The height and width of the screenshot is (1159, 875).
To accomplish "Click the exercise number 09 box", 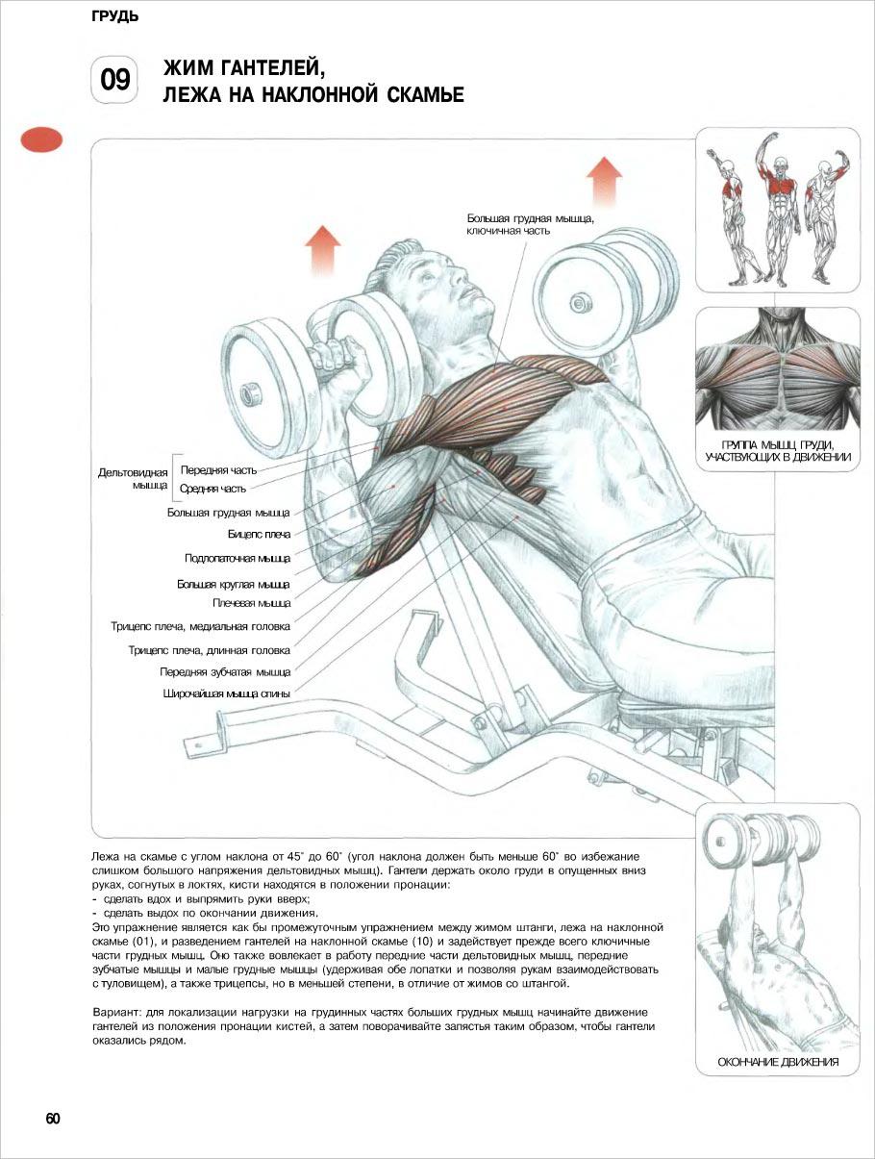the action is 114,80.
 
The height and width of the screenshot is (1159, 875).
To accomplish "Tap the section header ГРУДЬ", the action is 115,16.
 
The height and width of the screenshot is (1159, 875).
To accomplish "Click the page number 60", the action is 53,1119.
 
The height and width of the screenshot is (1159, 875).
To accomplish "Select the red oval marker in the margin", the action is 41,140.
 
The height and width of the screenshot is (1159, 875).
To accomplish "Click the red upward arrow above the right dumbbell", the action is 604,181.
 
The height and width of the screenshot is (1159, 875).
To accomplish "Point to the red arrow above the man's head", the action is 322,251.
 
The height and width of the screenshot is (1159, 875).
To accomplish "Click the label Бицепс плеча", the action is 259,535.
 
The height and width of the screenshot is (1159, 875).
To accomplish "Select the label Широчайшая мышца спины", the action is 226,693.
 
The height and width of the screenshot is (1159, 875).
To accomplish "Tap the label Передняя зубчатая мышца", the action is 225,671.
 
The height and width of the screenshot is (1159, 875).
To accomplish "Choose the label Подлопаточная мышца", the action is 237,558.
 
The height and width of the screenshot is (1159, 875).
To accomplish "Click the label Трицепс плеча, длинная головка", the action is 209,650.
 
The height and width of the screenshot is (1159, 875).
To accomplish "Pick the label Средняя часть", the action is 212,489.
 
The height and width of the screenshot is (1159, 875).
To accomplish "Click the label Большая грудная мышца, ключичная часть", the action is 531,224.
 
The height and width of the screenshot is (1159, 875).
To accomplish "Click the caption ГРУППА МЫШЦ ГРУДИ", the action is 778,445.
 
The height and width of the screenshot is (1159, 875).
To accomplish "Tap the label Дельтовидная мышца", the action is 133,478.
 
